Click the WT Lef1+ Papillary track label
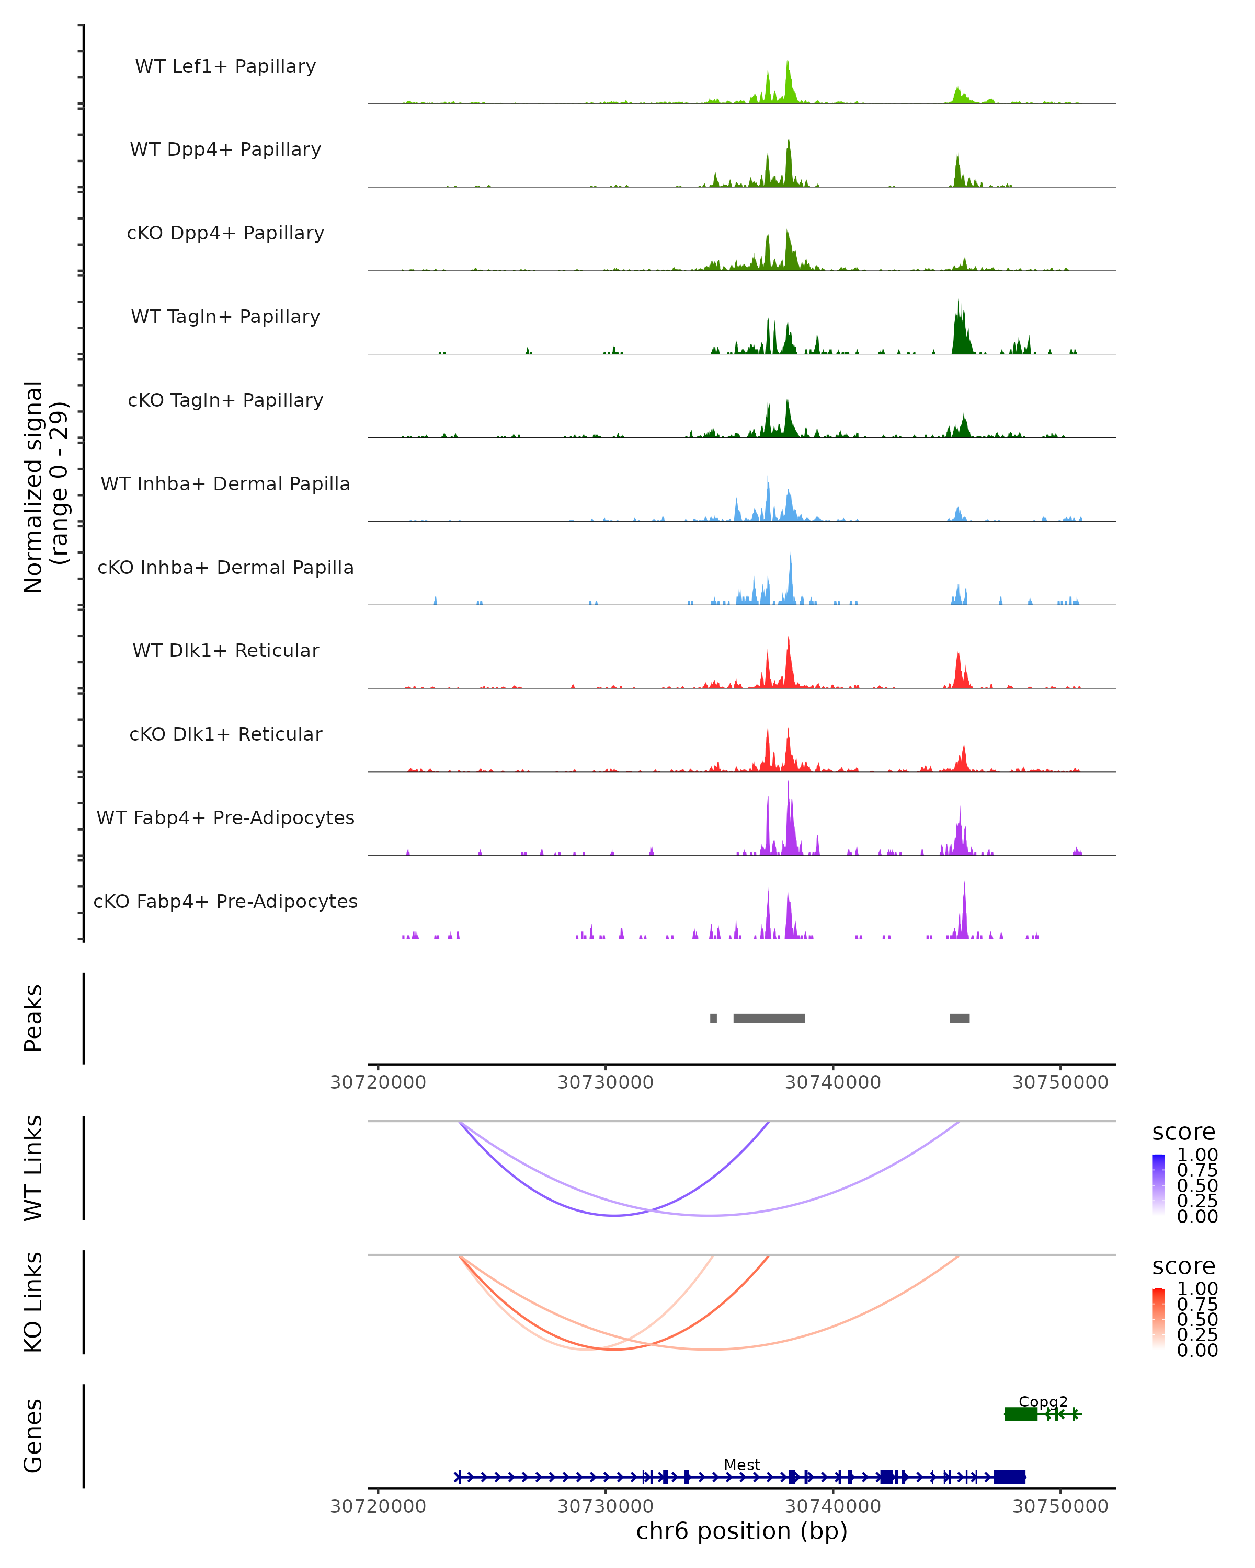pyautogui.click(x=225, y=66)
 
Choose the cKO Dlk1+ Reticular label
pyautogui.click(x=225, y=734)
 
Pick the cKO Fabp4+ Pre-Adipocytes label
pyautogui.click(x=225, y=901)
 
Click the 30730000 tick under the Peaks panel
pyautogui.click(x=606, y=1082)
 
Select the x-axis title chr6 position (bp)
pyautogui.click(x=741, y=1531)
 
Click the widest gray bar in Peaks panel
pyautogui.click(x=769, y=1018)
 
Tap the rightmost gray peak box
pyautogui.click(x=959, y=1018)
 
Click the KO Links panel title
pyautogui.click(x=33, y=1302)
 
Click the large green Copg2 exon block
pyautogui.click(x=1021, y=1414)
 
